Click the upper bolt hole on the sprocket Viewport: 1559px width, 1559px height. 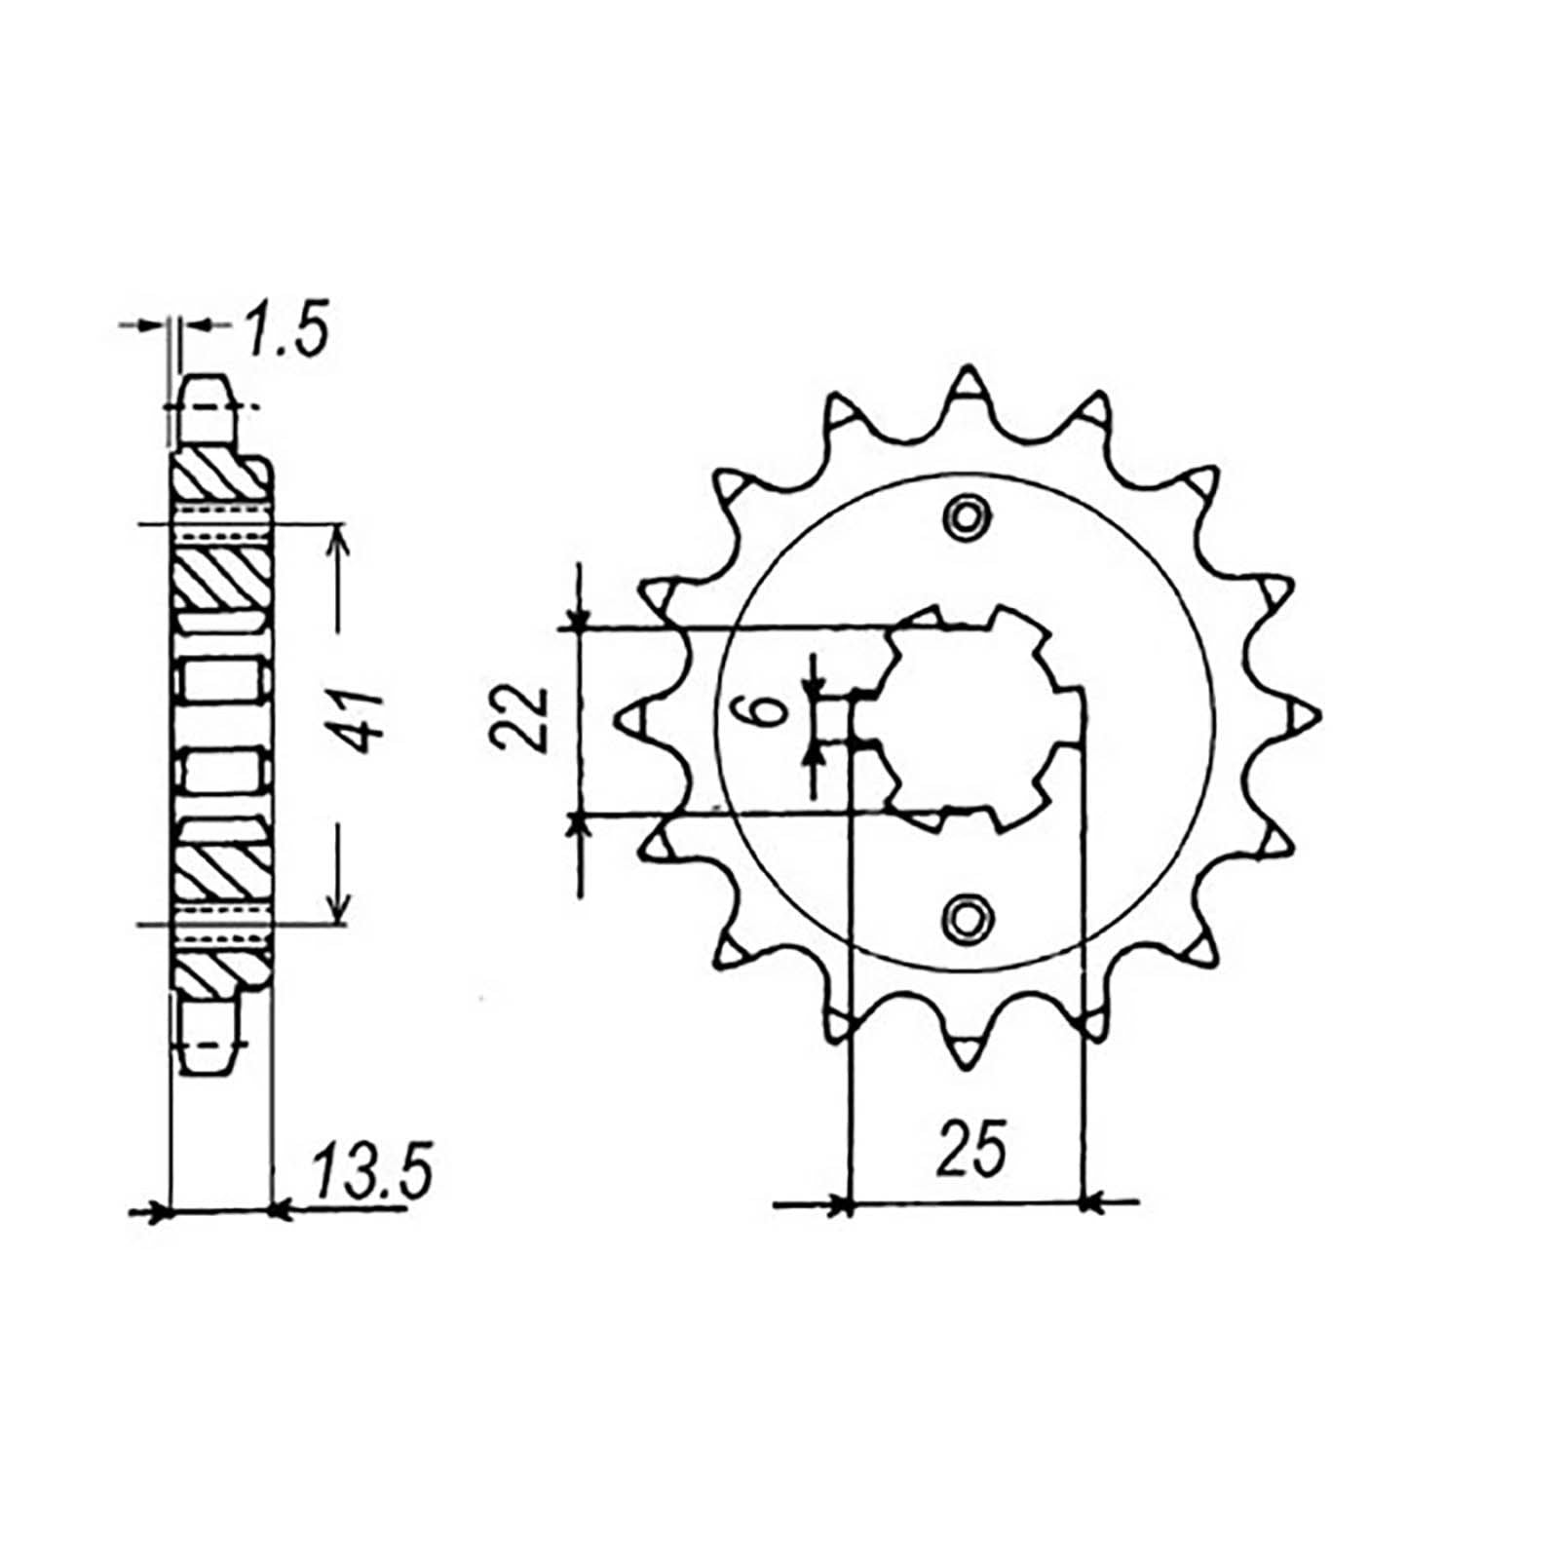(x=966, y=516)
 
